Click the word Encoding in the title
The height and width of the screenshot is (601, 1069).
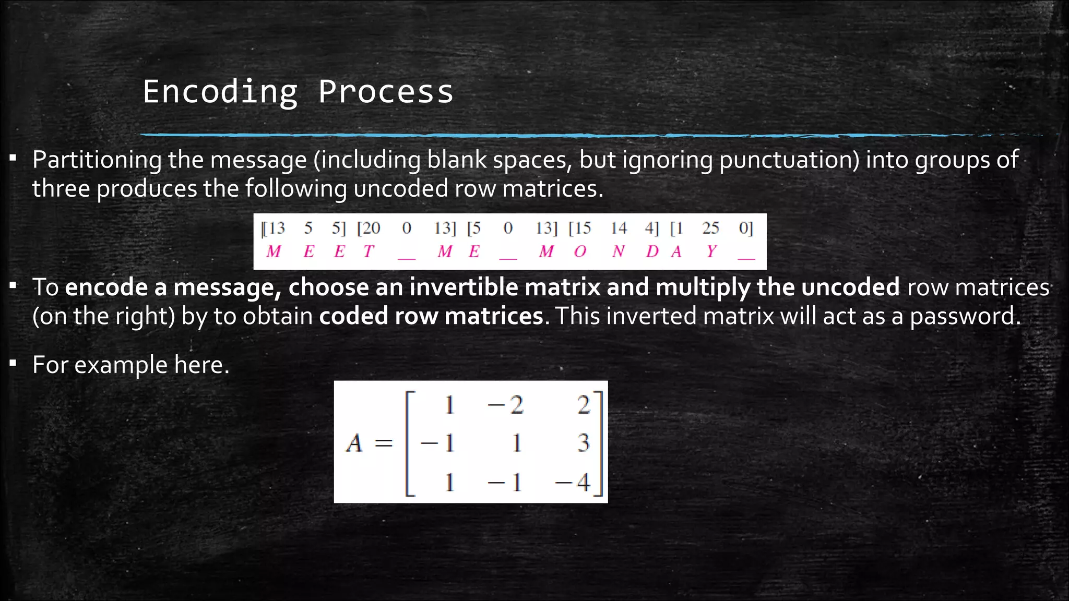pyautogui.click(x=220, y=92)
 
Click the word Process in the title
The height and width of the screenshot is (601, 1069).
pyautogui.click(x=386, y=92)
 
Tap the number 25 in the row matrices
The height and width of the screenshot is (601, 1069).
pyautogui.click(x=710, y=228)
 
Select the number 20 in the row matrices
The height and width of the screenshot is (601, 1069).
pyautogui.click(x=371, y=228)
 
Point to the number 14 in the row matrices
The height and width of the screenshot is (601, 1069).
pyautogui.click(x=619, y=228)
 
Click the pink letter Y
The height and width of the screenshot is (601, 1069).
pyautogui.click(x=711, y=252)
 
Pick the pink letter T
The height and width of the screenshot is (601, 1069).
pyautogui.click(x=369, y=252)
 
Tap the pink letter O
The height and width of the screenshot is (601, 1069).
pyautogui.click(x=580, y=252)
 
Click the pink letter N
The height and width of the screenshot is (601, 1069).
pyautogui.click(x=619, y=252)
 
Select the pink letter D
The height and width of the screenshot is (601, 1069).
pyautogui.click(x=652, y=252)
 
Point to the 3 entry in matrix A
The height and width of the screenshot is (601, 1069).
pyautogui.click(x=583, y=443)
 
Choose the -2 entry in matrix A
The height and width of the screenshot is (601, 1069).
pyautogui.click(x=505, y=405)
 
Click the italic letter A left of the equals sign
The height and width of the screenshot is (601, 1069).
pyautogui.click(x=354, y=443)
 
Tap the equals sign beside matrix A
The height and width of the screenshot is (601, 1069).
pyautogui.click(x=383, y=443)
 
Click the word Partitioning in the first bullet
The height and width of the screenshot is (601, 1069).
pyautogui.click(x=97, y=160)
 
